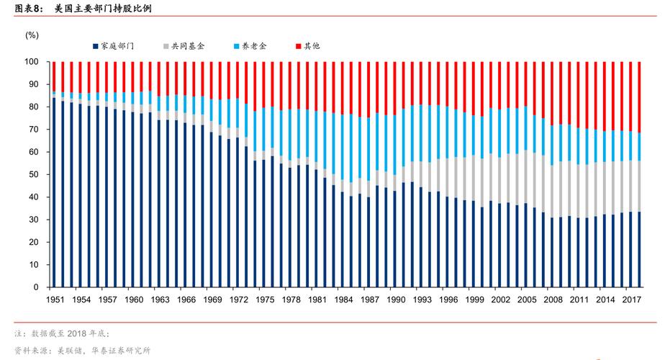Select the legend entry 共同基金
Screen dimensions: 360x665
pyautogui.click(x=188, y=46)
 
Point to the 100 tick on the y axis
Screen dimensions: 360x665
pyautogui.click(x=32, y=62)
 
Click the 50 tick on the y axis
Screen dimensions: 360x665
pyautogui.click(x=34, y=174)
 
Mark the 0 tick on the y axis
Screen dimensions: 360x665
pyautogui.click(x=36, y=287)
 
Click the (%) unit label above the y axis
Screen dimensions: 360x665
pyautogui.click(x=32, y=35)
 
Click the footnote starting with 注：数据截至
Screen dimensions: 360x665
pyautogui.click(x=61, y=333)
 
